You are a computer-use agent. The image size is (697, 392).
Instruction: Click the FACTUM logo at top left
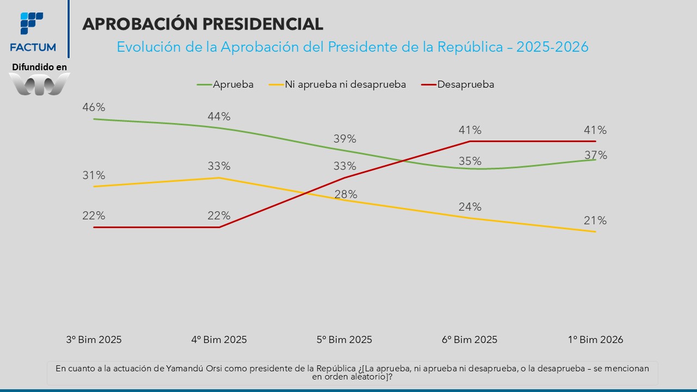click(x=33, y=31)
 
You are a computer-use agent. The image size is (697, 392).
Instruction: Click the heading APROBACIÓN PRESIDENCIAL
click(x=203, y=24)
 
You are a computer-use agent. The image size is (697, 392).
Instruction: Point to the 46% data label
click(x=94, y=107)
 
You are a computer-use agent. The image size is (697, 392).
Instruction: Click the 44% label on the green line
click(x=219, y=117)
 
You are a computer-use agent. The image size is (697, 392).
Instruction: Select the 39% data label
click(x=345, y=139)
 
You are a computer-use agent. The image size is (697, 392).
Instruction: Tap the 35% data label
click(x=470, y=161)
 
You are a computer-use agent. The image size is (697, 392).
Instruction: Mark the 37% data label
click(x=596, y=156)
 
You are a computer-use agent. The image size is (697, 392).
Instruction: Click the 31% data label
click(x=94, y=175)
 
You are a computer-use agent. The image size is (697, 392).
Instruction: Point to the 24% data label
click(x=470, y=207)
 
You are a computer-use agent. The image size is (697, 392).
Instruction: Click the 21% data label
click(x=595, y=220)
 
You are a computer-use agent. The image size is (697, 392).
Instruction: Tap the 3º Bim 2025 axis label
click(x=94, y=340)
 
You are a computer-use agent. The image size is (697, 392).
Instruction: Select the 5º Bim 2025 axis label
click(x=345, y=340)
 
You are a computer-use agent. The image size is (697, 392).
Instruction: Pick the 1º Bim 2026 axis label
click(x=595, y=340)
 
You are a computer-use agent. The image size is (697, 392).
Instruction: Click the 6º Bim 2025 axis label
click(x=470, y=340)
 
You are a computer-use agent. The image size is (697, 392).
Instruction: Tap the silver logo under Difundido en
click(x=40, y=84)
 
